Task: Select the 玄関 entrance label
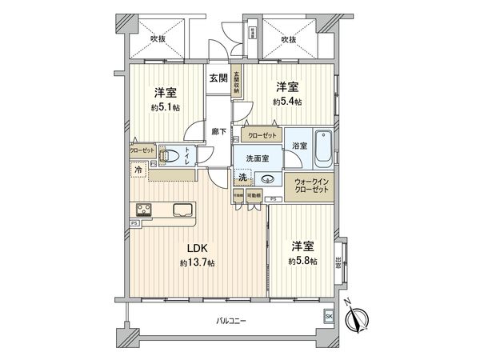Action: click(x=218, y=78)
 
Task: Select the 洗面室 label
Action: click(x=258, y=158)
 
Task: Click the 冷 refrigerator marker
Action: click(x=138, y=170)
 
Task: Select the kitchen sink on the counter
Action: click(x=180, y=210)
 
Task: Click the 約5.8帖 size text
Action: click(x=302, y=261)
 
